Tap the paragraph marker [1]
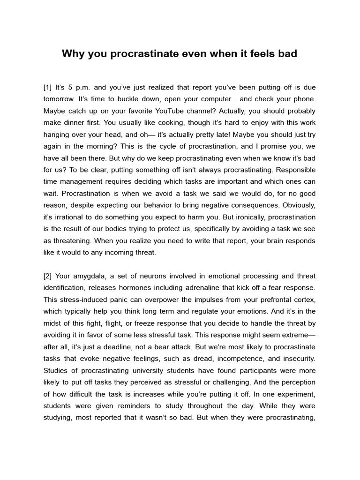47,87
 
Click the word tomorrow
60,99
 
